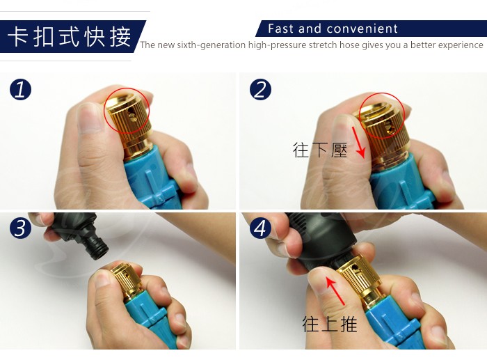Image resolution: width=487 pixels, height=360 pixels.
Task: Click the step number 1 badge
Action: (20, 90)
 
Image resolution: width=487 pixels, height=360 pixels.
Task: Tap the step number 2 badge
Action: (260, 90)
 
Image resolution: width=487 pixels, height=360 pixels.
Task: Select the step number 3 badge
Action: (20, 228)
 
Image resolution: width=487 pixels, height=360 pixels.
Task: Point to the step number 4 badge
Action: (260, 228)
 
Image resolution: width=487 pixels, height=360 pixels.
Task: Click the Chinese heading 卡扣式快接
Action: (69, 37)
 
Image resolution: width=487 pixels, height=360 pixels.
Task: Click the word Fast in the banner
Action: (280, 29)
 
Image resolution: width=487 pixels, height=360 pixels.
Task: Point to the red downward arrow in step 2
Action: (358, 142)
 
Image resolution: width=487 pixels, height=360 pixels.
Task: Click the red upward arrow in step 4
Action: (335, 291)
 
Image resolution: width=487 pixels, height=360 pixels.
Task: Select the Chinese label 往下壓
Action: (320, 150)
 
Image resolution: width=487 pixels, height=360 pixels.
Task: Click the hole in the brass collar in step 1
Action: (132, 116)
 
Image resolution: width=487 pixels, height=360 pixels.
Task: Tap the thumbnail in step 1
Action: (89, 119)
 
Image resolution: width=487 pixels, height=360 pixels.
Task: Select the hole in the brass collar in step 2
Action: (388, 127)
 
